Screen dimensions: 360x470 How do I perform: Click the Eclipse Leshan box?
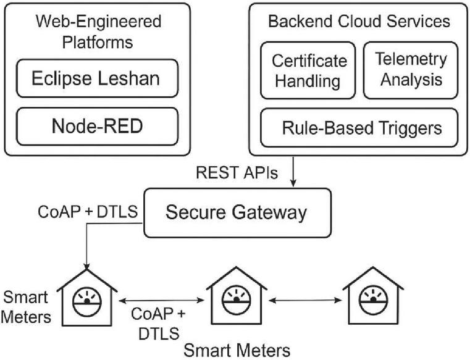(x=97, y=80)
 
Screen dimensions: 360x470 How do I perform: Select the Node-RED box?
(x=97, y=127)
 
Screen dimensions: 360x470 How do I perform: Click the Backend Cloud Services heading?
(x=359, y=22)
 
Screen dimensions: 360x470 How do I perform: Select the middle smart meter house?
(x=236, y=299)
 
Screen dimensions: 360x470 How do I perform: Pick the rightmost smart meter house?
(x=373, y=299)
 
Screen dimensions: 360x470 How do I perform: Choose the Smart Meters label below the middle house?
(x=237, y=350)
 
